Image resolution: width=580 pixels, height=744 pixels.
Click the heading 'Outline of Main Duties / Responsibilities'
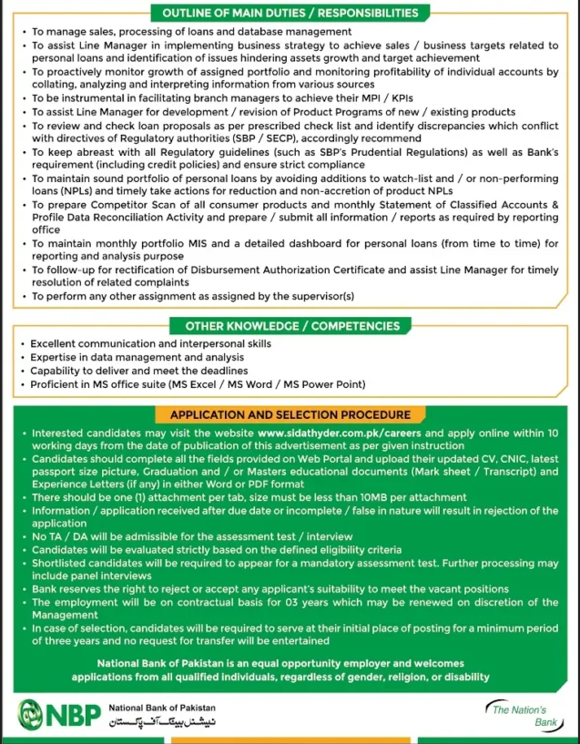point(290,13)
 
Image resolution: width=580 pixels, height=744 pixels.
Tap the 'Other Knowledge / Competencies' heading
point(292,325)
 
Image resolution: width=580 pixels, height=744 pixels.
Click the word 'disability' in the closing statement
point(463,677)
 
